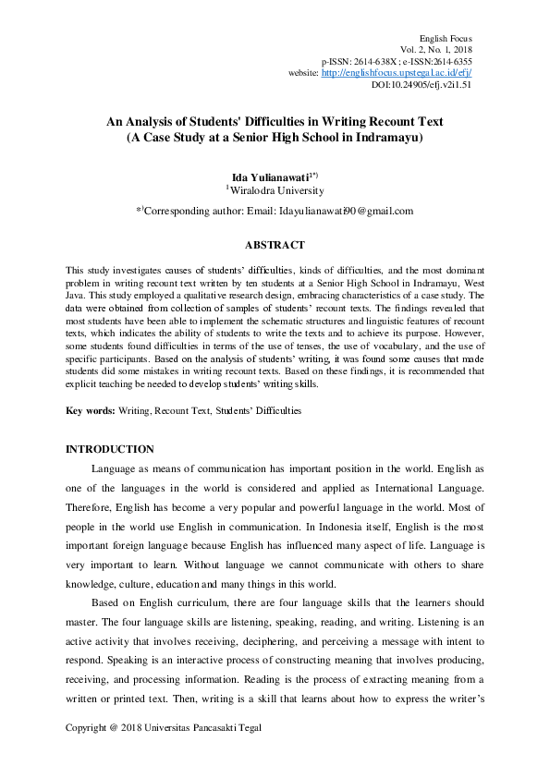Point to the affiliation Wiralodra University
(x=277, y=191)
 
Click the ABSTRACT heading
(x=275, y=245)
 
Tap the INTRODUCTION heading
(x=109, y=449)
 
